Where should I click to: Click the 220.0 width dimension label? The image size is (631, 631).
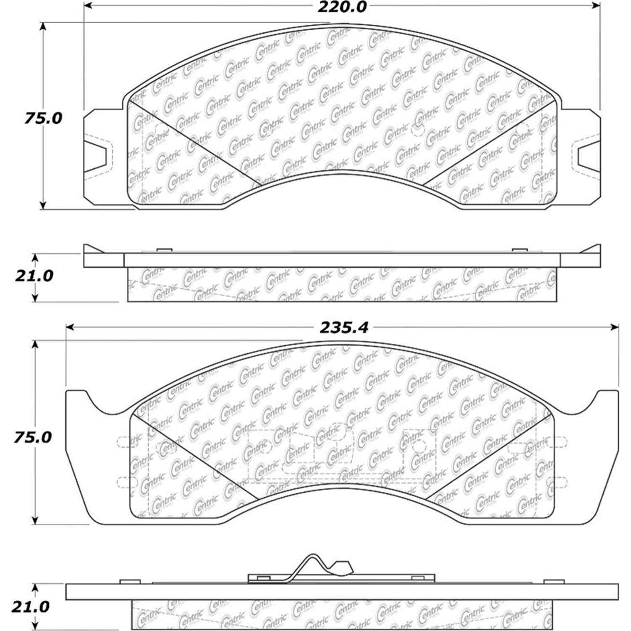coord(342,7)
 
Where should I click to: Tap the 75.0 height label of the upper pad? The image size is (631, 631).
coord(43,119)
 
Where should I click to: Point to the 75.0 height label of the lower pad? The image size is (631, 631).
coord(32,437)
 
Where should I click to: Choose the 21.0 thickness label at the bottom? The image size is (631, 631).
coord(30,607)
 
